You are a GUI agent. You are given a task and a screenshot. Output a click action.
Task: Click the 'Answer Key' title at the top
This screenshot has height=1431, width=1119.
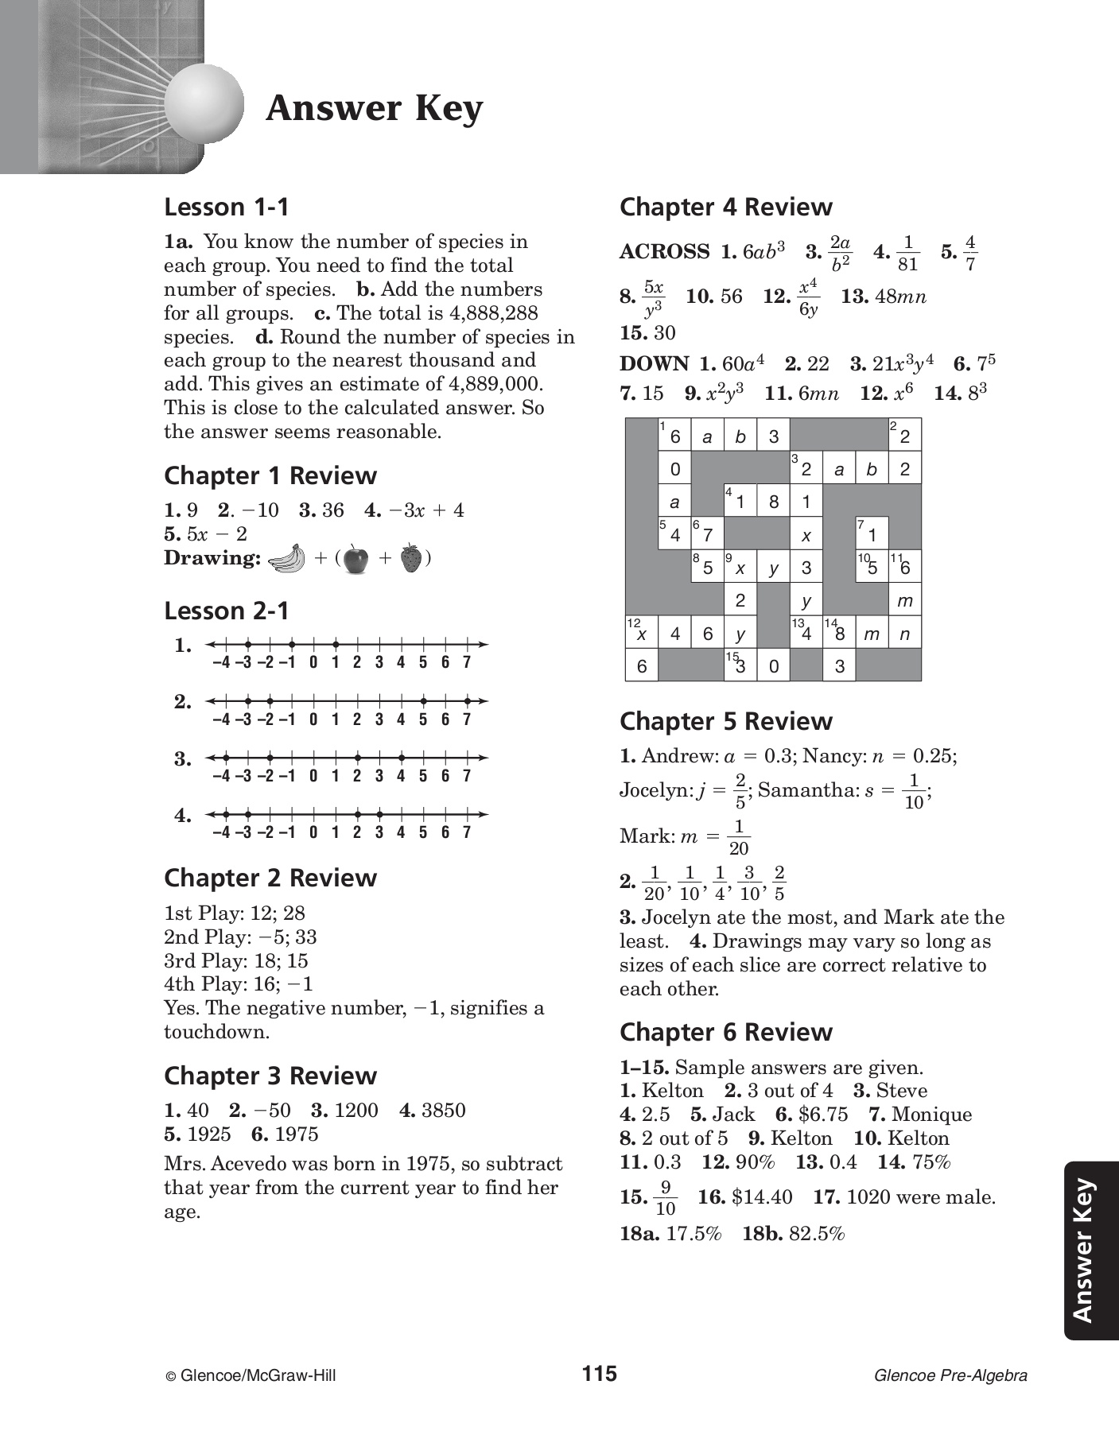(375, 109)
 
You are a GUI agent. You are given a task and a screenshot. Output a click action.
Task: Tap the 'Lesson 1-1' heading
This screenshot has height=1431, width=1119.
(227, 207)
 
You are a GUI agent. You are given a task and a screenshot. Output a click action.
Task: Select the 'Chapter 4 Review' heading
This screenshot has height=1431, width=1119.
(725, 207)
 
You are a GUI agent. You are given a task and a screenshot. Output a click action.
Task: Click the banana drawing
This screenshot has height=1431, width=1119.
(287, 558)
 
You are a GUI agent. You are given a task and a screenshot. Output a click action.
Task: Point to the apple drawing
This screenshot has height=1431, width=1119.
(356, 559)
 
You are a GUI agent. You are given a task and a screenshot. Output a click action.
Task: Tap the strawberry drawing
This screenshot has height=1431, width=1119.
(410, 558)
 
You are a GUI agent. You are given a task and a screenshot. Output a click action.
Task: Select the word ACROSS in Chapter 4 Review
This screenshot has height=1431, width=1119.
(665, 252)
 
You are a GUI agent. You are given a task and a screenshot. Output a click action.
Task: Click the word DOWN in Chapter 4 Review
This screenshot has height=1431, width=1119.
(654, 364)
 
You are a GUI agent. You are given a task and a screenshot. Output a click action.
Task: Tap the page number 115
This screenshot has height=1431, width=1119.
(599, 1374)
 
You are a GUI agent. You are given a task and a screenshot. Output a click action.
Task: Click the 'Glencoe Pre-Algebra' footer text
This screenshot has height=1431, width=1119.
(950, 1375)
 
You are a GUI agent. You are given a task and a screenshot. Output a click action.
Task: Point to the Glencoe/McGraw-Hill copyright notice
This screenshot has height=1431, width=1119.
(251, 1375)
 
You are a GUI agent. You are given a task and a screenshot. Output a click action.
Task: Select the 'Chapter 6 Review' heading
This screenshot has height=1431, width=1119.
(725, 1032)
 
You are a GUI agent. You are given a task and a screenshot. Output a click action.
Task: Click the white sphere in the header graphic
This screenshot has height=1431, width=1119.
(204, 104)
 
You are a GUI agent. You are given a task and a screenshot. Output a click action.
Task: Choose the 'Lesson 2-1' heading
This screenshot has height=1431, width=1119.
(227, 611)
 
